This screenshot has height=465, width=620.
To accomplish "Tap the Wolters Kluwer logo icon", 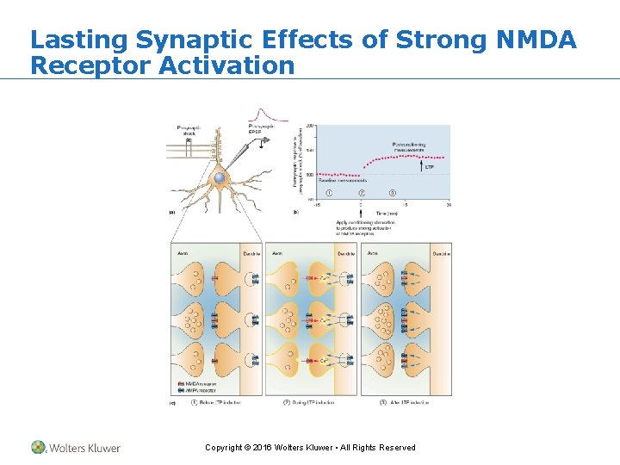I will coord(39,447).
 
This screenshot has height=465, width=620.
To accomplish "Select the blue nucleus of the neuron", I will coord(220,177).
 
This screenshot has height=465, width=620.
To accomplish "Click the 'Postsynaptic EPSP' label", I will coord(261,129).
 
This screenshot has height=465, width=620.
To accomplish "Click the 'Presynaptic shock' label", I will coord(190,130).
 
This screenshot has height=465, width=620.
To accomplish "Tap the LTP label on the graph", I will coord(430,166).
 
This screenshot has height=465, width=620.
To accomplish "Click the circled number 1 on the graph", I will coord(328,192).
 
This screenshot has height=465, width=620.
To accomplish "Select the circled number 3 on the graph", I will coord(393,192).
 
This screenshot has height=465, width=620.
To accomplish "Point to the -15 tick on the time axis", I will coord(318,204).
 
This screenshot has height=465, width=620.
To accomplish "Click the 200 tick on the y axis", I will coord(309,126).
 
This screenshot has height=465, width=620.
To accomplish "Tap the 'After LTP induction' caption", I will coord(408,402).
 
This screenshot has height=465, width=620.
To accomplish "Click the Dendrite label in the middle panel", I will coord(346,254).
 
